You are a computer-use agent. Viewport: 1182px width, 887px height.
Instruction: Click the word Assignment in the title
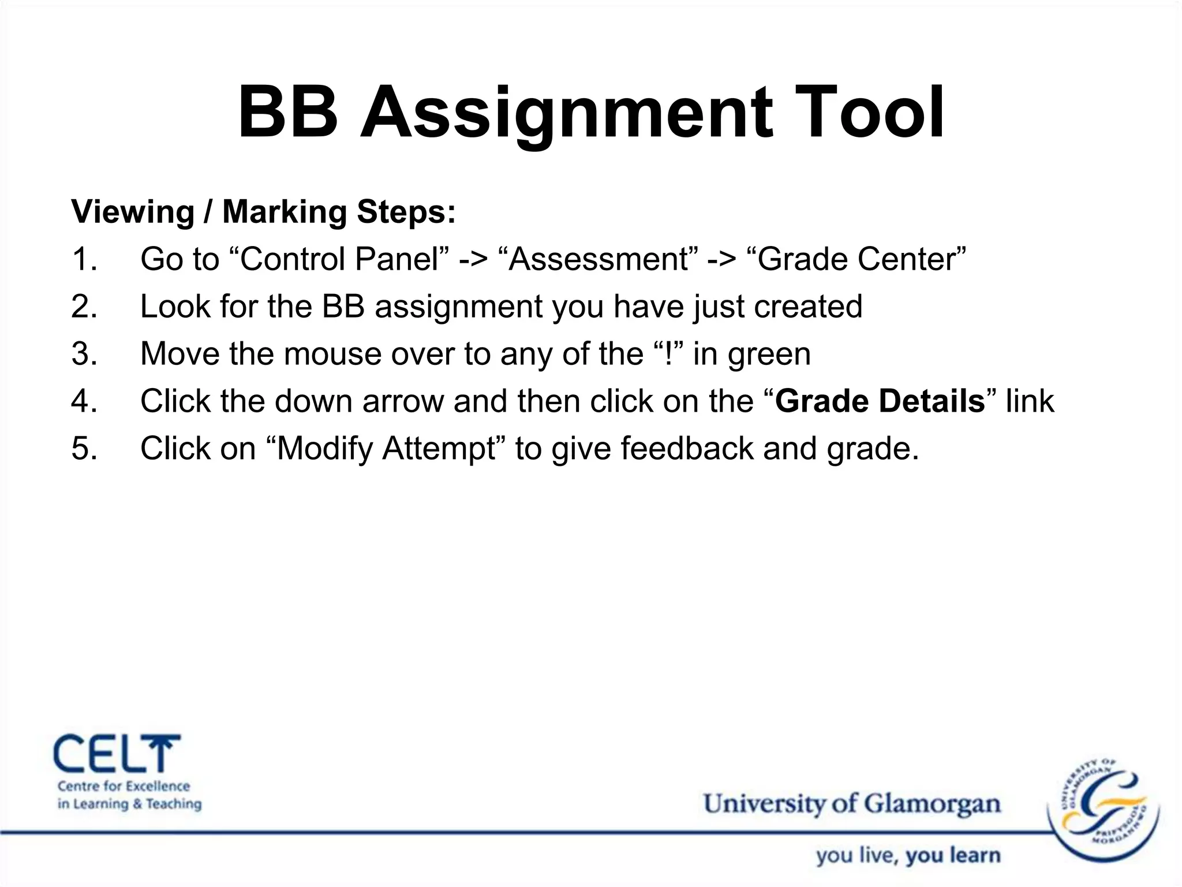coord(566,113)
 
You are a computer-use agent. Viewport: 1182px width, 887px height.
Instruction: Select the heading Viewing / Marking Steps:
coord(263,212)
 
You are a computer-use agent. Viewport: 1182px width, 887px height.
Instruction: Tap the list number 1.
coord(84,259)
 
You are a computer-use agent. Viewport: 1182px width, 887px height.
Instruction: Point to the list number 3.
coord(84,354)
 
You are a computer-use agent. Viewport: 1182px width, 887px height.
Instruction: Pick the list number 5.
coord(84,449)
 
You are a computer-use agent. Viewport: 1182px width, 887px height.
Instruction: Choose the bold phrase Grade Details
coord(880,401)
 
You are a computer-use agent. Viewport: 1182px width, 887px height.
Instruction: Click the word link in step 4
coord(1030,401)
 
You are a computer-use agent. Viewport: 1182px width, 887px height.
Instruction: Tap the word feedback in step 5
coord(687,449)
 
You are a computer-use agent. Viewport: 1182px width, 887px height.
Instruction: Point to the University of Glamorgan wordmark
coord(851,804)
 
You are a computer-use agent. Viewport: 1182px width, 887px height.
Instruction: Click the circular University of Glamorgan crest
coord(1103,809)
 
